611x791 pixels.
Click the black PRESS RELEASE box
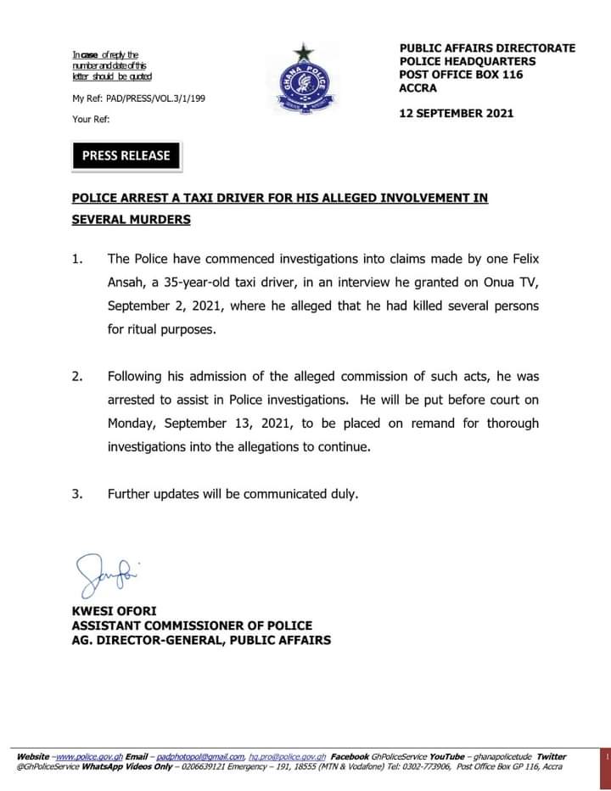coord(126,155)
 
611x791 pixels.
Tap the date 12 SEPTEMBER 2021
coord(456,113)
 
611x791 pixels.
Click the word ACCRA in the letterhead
coord(418,88)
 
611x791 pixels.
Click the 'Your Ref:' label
coord(91,120)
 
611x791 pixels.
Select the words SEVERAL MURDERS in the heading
coord(131,220)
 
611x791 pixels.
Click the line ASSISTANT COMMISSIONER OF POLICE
coord(192,626)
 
